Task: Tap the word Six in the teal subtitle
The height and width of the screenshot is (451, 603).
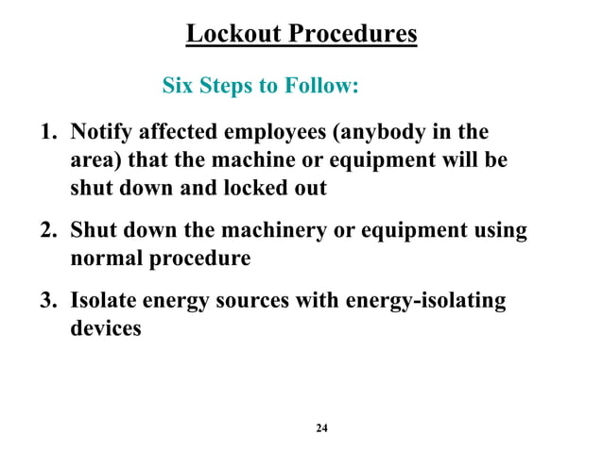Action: point(179,88)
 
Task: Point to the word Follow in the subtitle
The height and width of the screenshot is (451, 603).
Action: point(319,88)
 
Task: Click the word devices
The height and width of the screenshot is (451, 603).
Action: point(105,328)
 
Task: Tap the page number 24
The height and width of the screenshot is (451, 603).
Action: point(321,429)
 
